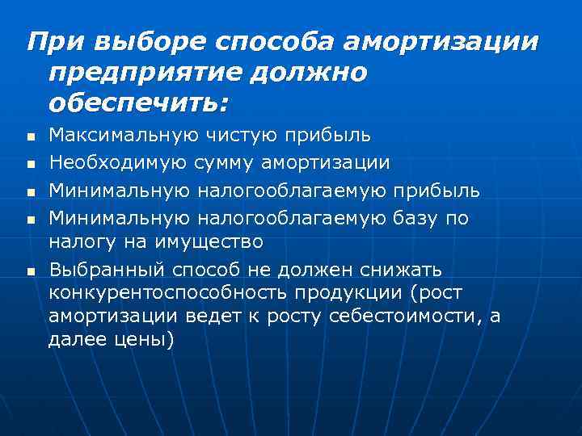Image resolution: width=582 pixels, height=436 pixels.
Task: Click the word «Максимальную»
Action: coord(119,133)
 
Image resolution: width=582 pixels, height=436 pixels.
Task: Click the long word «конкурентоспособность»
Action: coord(166,291)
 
